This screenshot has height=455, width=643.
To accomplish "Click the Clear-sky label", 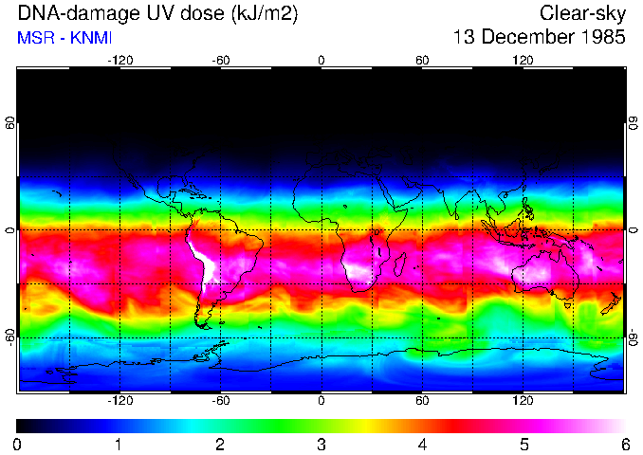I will tap(581, 14).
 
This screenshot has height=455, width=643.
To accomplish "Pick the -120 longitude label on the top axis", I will tap(119, 60).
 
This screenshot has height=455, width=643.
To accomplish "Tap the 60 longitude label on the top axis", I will tap(423, 60).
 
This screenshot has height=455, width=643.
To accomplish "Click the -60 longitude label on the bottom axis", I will tap(220, 401).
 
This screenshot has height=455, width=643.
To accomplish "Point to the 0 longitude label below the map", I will tap(321, 401).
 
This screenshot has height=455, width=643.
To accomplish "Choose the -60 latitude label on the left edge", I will tap(10, 337).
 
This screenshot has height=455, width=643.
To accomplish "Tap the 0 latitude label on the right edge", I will tap(633, 229).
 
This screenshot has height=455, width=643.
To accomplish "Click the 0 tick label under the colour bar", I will tap(18, 444).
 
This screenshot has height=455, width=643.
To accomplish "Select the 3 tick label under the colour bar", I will tap(321, 444).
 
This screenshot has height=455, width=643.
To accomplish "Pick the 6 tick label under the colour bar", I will tap(624, 444).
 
